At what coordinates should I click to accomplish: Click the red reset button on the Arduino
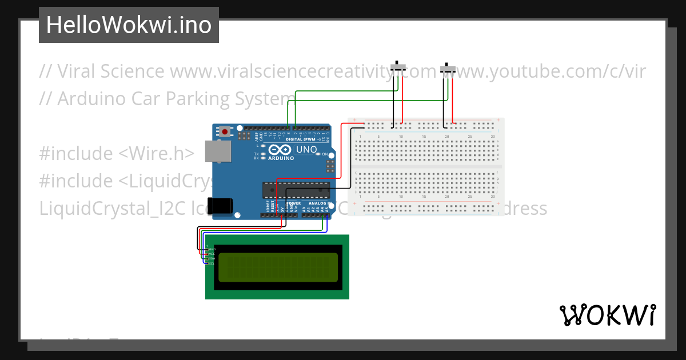[225, 132]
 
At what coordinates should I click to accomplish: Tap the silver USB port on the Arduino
[220, 151]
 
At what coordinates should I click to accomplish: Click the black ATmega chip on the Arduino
[296, 189]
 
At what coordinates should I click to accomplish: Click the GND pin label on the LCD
[212, 250]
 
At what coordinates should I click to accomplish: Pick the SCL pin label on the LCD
[212, 263]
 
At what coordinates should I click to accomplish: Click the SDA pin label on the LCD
[212, 258]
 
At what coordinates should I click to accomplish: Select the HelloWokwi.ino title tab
[129, 25]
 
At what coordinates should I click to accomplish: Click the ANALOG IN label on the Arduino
[320, 203]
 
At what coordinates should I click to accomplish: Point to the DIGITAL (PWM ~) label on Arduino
[302, 139]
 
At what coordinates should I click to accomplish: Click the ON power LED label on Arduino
[324, 155]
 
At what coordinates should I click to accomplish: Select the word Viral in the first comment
[76, 71]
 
